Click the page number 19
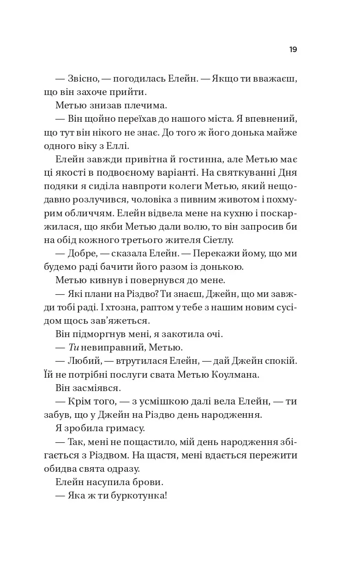tap(293, 50)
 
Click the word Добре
tap(82, 253)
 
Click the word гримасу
tap(124, 427)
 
